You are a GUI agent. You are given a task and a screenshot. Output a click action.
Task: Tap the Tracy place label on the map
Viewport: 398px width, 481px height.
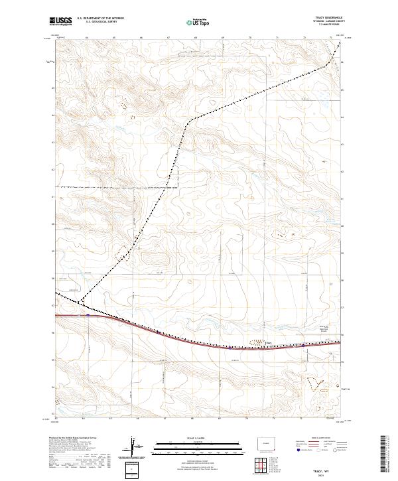[269, 344]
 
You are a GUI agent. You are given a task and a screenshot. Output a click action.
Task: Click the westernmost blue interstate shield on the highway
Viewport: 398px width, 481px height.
[88, 316]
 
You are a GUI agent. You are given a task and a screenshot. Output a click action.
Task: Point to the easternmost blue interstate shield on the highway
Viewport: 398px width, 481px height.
[302, 345]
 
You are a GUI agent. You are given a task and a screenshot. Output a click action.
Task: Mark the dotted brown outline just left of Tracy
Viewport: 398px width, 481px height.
[255, 343]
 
